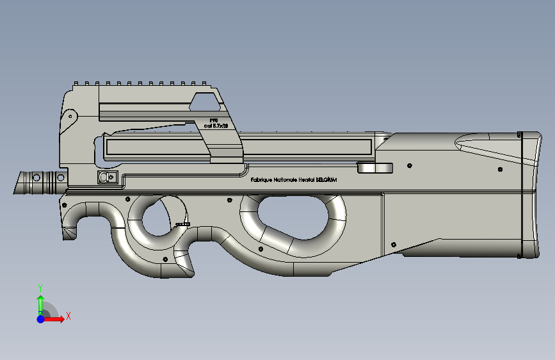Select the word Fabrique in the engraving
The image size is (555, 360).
(x=261, y=181)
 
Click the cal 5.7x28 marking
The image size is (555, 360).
(x=216, y=126)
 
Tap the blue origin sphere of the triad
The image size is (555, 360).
(x=40, y=318)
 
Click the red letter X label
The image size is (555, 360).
(x=68, y=316)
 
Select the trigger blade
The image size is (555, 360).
(x=182, y=224)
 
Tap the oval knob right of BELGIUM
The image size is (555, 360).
(x=375, y=168)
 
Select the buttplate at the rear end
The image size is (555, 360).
(x=530, y=195)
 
